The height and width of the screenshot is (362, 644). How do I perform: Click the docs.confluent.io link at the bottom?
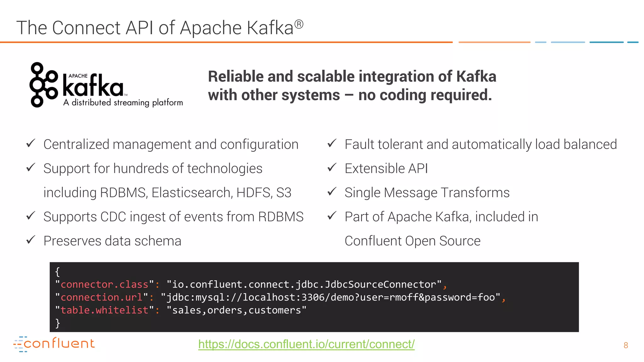(x=306, y=344)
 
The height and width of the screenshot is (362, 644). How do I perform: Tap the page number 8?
(x=625, y=345)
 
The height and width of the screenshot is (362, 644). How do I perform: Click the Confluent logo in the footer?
(x=54, y=344)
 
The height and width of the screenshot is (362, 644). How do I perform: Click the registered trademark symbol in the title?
(x=299, y=24)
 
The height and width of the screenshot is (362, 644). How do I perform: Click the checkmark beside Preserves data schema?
(x=31, y=240)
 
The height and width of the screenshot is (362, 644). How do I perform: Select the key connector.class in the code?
(x=104, y=284)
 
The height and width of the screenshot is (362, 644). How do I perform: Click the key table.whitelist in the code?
(x=104, y=310)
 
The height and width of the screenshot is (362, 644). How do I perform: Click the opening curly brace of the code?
(x=58, y=271)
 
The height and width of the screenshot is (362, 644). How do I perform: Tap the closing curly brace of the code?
(x=58, y=323)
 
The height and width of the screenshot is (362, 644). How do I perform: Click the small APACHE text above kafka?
(x=78, y=76)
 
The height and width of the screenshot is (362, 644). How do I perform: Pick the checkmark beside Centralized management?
(x=31, y=144)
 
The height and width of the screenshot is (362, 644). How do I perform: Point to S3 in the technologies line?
(x=284, y=193)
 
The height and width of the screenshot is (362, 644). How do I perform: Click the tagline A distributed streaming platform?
(x=123, y=103)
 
